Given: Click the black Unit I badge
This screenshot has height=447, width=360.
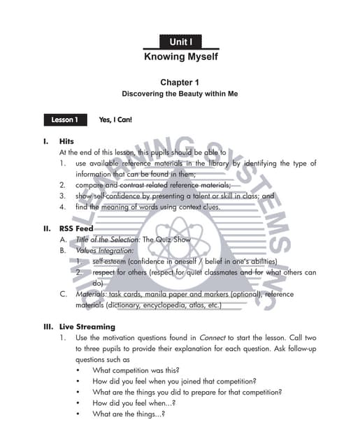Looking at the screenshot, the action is tap(180, 43).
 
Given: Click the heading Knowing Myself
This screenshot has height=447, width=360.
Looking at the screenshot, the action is tap(180, 57).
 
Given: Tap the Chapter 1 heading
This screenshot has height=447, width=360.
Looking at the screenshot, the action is tap(180, 82).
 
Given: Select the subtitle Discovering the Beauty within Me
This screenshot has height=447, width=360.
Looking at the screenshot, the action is tap(180, 94).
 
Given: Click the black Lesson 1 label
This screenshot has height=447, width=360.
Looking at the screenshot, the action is tap(64, 119).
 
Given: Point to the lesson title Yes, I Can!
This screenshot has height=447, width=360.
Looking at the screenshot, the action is tap(116, 119).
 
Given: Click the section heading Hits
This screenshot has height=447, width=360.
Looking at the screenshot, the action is tap(66, 141).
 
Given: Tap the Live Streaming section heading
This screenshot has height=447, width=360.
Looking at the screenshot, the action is tap(87, 327).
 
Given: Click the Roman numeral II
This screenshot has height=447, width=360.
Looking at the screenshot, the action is tap(47, 228).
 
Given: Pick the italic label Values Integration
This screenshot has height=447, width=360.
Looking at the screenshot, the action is tap(104, 250).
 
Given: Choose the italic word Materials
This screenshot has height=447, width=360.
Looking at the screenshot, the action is tap(91, 294).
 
